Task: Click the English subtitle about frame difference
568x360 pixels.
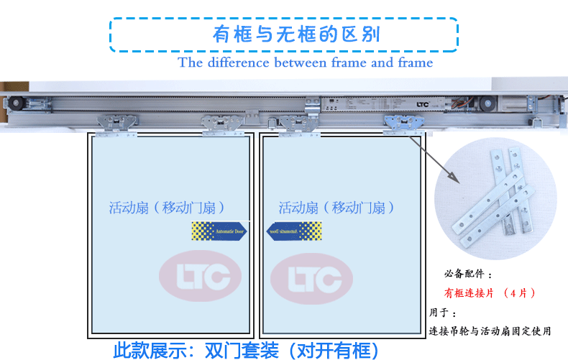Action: click(306, 63)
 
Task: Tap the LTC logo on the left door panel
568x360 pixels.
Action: click(200, 275)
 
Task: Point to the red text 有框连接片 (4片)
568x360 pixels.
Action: click(490, 293)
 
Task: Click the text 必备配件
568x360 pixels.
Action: click(468, 274)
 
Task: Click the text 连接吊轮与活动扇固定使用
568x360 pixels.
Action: click(490, 331)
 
